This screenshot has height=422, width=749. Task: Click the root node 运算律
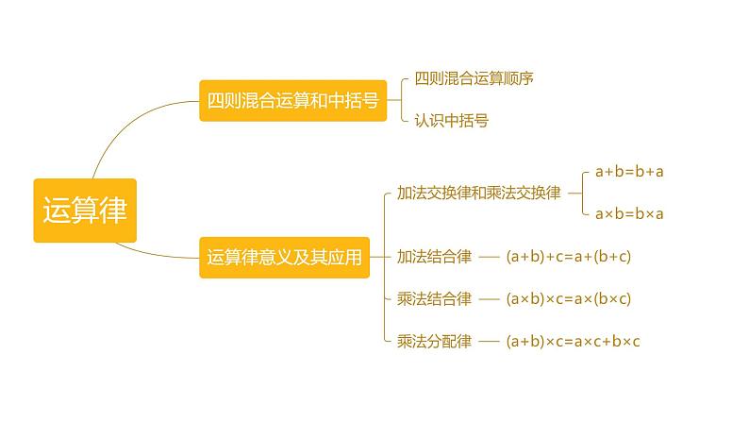[85, 209]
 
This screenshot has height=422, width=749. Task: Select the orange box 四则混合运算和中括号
[292, 101]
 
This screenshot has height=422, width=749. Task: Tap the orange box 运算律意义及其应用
[285, 257]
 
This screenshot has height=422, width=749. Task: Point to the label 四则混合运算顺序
[474, 78]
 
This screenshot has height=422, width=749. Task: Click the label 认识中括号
[451, 121]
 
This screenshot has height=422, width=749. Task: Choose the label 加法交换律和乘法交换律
[478, 193]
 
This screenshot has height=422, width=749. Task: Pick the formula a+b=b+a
[629, 172]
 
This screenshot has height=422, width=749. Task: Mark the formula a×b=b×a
[629, 213]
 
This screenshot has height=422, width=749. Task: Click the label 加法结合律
[434, 256]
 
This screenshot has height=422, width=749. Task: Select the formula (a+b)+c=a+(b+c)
[568, 256]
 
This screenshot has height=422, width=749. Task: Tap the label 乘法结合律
[434, 298]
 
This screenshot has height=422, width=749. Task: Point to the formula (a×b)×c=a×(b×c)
[568, 298]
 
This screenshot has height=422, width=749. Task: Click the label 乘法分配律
[434, 341]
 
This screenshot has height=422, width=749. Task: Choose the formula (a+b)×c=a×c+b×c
[573, 341]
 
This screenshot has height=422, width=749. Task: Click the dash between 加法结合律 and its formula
[489, 256]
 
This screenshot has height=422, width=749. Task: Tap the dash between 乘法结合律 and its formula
[489, 298]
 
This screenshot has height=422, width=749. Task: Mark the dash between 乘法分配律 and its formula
[489, 341]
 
